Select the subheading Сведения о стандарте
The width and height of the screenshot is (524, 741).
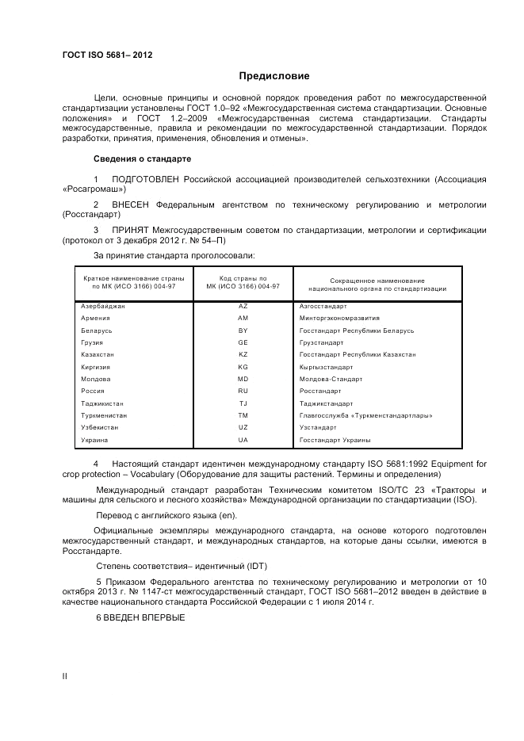coord(142,159)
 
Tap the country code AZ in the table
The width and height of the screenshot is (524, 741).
coord(243,305)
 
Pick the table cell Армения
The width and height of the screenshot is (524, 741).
coord(95,318)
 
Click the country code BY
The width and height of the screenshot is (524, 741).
coord(243,330)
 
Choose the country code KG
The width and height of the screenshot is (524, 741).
coord(243,367)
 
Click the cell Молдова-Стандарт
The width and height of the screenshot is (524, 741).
coord(331,379)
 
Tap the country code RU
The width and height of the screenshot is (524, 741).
coord(243,391)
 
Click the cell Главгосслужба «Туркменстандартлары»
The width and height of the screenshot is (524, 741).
coord(365,415)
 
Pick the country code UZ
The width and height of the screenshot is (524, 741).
coord(243,427)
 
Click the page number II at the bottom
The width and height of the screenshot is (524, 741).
coord(65,675)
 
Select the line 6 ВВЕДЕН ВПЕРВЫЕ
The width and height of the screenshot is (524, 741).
coord(140,617)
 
